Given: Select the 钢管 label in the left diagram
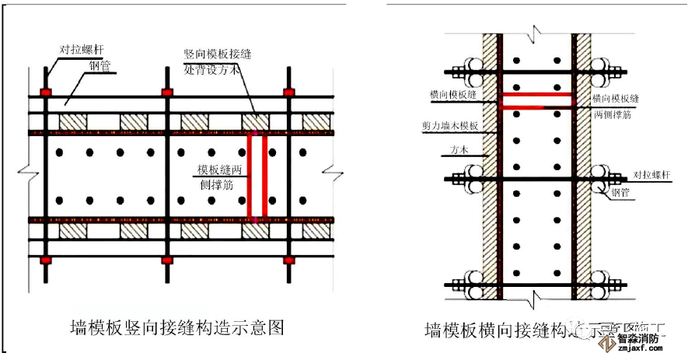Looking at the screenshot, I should tap(100, 65).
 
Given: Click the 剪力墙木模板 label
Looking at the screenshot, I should tap(452, 124).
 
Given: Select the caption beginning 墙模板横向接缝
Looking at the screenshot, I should tap(498, 330).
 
